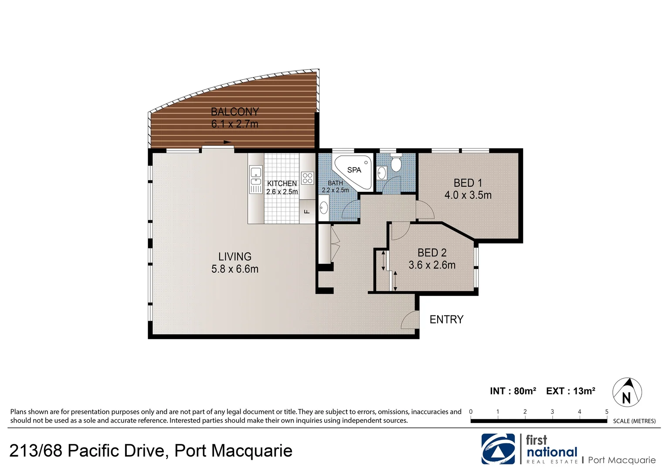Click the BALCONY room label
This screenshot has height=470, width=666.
point(234,112)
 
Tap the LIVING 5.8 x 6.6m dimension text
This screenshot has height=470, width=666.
point(234,269)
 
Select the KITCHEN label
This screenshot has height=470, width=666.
point(282,184)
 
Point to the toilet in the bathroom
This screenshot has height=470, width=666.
point(396,164)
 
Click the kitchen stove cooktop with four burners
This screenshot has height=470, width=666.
point(307,178)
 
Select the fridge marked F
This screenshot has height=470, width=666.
point(307,211)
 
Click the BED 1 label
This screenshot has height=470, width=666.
point(468,183)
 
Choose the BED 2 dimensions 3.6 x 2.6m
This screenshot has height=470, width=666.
point(432,265)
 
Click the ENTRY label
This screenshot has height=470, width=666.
point(446,319)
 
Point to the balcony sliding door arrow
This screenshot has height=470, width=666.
point(217,142)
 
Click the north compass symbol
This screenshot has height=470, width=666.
point(627,392)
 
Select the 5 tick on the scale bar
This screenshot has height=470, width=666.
point(606,412)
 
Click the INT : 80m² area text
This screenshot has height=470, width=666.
point(513,391)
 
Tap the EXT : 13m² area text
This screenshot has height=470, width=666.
point(571,391)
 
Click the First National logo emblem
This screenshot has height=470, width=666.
point(498,449)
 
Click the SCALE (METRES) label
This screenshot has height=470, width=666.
point(634,421)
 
